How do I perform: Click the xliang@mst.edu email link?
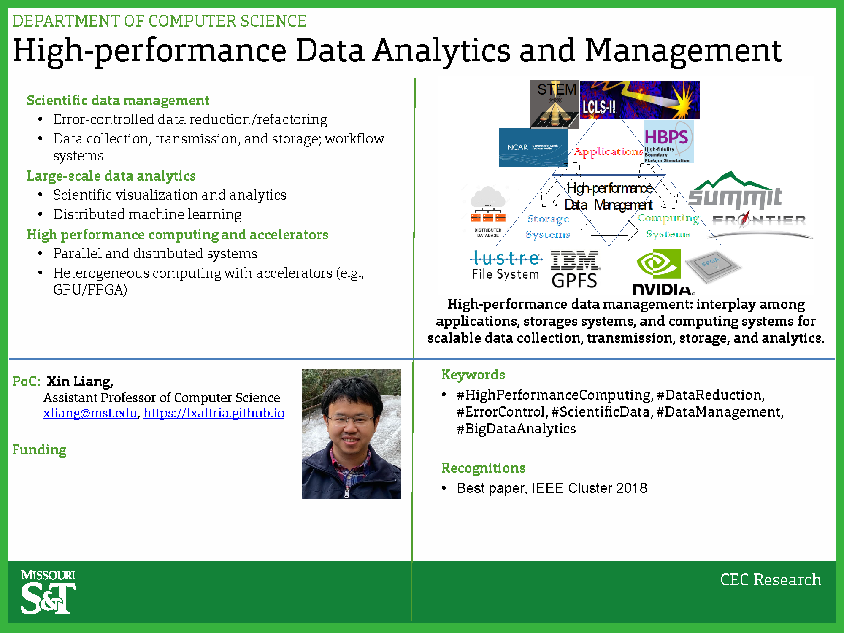pos(90,413)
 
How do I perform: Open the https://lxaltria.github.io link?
pos(214,413)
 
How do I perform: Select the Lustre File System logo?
pos(506,265)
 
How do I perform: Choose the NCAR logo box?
pos(533,147)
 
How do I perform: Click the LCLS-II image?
pos(639,100)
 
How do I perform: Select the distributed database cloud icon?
pos(488,211)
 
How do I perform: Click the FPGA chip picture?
pos(713,266)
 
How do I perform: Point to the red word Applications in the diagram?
pos(609,152)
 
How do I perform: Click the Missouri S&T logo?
pos(48,591)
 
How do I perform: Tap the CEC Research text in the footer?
pos(771,579)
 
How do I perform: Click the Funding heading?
pos(39,450)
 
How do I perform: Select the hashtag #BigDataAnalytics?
pos(516,429)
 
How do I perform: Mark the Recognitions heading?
pos(483,468)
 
